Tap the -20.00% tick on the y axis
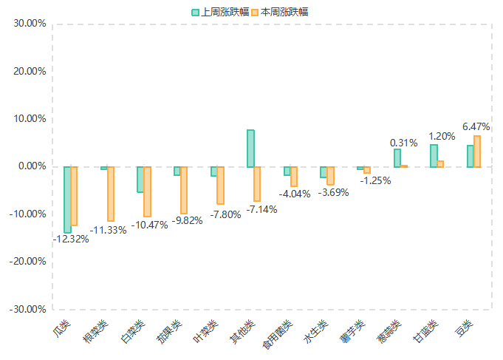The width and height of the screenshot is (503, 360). [x=28, y=262]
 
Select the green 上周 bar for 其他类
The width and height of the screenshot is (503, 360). [x=250, y=149]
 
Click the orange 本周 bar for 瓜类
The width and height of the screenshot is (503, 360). [x=74, y=196]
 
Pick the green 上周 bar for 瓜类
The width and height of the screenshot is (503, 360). [x=67, y=200]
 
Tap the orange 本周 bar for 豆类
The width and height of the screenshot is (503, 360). [x=477, y=152]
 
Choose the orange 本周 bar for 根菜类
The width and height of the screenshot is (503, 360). [x=111, y=194]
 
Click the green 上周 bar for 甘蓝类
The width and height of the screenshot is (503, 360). [x=434, y=156]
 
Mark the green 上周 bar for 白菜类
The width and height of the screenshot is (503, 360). [x=140, y=180]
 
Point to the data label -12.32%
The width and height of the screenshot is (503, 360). [x=71, y=239]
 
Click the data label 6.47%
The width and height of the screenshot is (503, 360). [x=476, y=127]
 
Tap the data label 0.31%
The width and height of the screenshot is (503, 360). [x=404, y=142]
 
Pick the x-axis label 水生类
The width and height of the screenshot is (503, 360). [x=316, y=331]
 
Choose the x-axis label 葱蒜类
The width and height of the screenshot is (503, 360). [x=389, y=331]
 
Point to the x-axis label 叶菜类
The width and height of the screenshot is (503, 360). [x=206, y=331]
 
